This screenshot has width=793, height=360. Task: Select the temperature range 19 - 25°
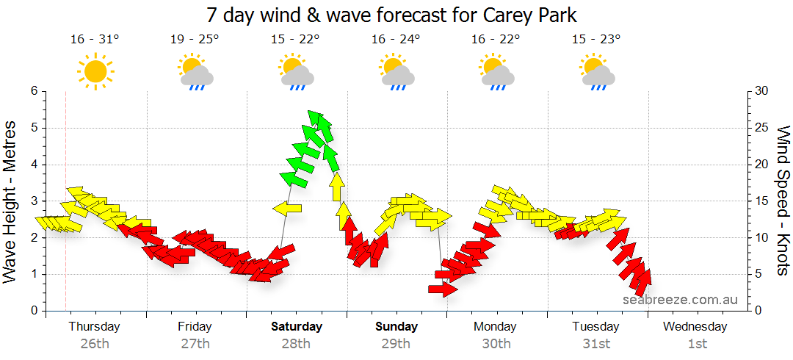pyautogui.click(x=195, y=40)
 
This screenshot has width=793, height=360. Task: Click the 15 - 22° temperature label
pyautogui.click(x=295, y=40)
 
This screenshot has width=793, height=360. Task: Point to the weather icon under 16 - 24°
pyautogui.click(x=397, y=72)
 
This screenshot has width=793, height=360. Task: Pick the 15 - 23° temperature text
pyautogui.click(x=596, y=40)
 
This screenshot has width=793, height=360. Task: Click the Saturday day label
pyautogui.click(x=297, y=326)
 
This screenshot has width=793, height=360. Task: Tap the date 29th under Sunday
pyautogui.click(x=396, y=343)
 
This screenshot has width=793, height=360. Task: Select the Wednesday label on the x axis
pyautogui.click(x=695, y=326)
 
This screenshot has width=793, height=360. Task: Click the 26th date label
pyautogui.click(x=95, y=343)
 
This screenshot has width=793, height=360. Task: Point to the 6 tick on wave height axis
pyautogui.click(x=33, y=91)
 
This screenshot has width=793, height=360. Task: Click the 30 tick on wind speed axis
pyautogui.click(x=762, y=91)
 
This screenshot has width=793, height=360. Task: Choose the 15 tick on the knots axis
pyautogui.click(x=762, y=201)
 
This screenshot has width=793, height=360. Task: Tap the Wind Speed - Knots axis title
pyautogui.click(x=783, y=201)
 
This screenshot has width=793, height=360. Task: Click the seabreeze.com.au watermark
pyautogui.click(x=680, y=300)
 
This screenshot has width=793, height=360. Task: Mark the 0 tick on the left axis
pyautogui.click(x=33, y=311)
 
